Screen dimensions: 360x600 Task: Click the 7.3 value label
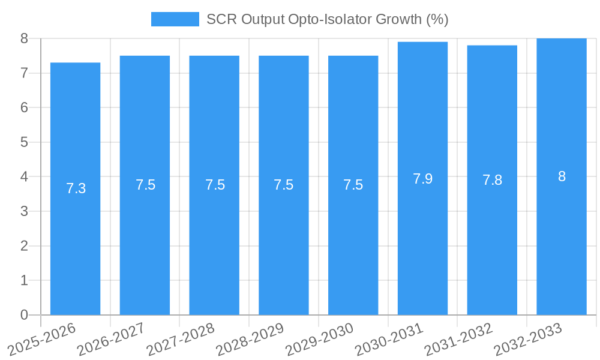[76, 188]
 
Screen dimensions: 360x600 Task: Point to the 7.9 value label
[422, 179]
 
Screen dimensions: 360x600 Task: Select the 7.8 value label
[492, 180]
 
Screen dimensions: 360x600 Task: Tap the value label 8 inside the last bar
[562, 176]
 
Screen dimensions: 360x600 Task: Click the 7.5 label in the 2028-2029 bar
[284, 185]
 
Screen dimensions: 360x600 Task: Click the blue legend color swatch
[175, 19]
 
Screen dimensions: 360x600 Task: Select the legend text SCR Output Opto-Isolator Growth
[327, 19]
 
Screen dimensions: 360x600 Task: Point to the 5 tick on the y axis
[24, 142]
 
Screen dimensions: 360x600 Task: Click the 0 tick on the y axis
[24, 315]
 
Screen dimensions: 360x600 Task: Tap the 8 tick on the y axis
[24, 38]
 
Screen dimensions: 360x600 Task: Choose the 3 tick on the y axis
[24, 211]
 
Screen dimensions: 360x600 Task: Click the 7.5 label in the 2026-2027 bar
[145, 185]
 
